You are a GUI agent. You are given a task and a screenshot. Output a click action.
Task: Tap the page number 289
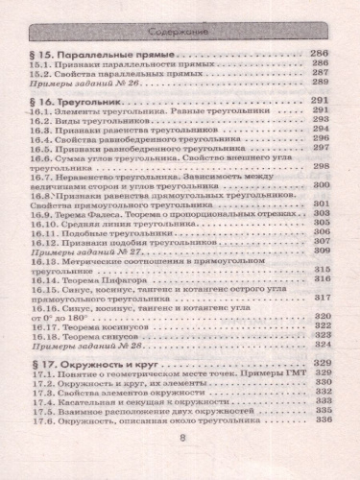(321, 84)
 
